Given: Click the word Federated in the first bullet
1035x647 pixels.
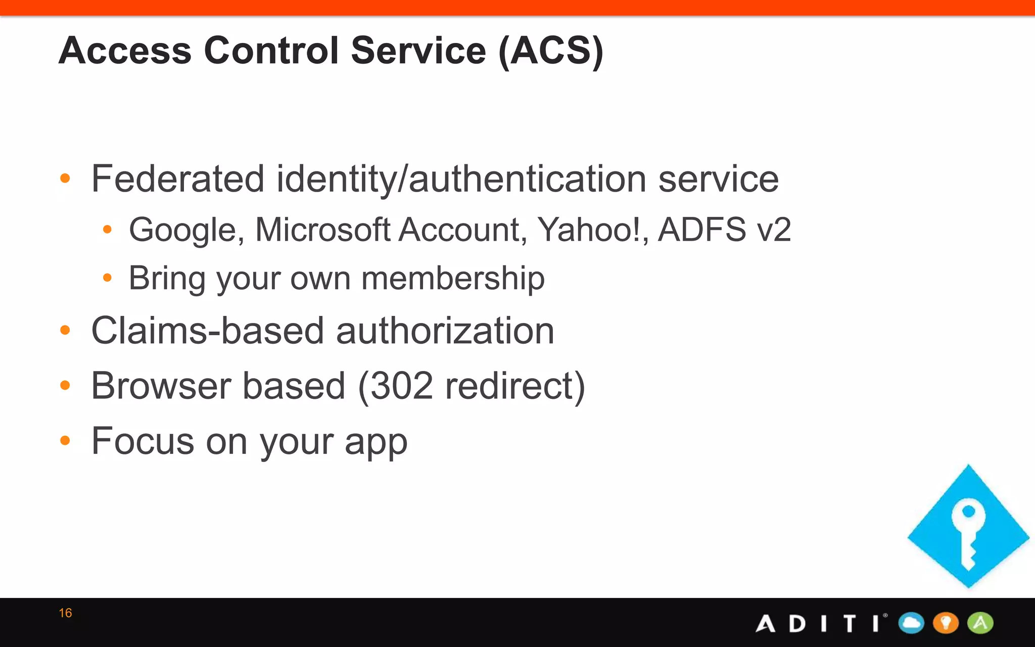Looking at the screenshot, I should (177, 179).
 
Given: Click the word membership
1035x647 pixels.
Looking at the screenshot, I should (453, 279).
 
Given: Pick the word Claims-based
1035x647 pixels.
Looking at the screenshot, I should (207, 331).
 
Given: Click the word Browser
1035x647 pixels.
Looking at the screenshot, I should (161, 386).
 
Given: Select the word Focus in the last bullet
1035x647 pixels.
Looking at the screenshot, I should (143, 441).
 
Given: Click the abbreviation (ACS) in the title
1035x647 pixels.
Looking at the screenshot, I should (550, 51).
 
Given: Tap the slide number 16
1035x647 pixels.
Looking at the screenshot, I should (65, 613).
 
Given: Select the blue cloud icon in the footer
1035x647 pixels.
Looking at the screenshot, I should (911, 623).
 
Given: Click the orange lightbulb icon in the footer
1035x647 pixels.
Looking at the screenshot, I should (946, 623).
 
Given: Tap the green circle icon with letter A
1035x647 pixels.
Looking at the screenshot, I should (980, 623).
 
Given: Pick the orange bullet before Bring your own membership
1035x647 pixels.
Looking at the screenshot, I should (107, 278).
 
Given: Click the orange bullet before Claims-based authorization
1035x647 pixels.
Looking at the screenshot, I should (65, 331).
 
